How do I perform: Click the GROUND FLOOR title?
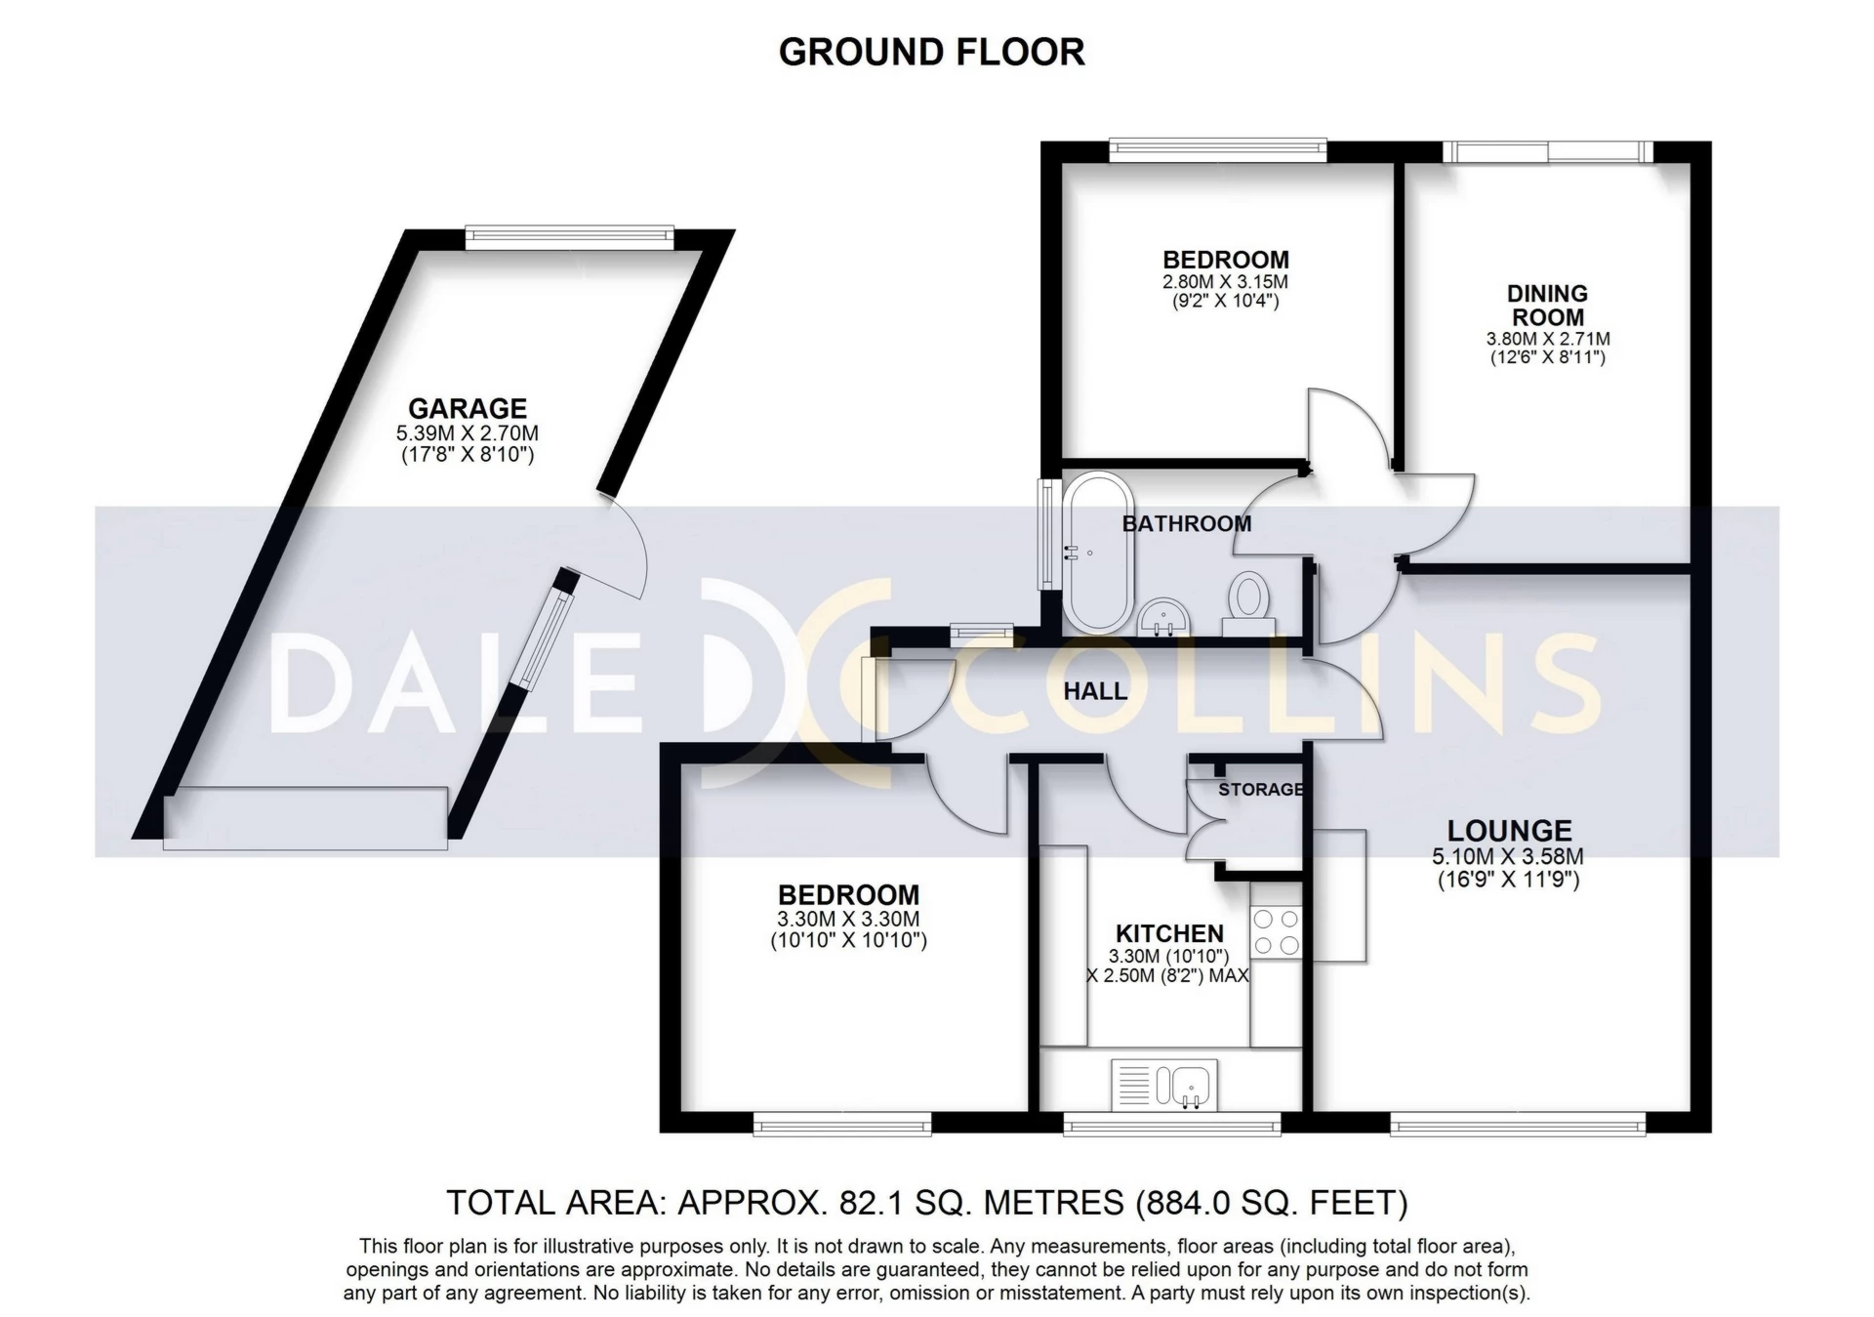931,53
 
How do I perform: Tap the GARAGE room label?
467,408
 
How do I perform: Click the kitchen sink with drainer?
1164,1085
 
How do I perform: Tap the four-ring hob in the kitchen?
1277,931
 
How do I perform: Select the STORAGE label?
1260,789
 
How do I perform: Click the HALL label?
1095,691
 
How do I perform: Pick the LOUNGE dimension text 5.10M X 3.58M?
1507,857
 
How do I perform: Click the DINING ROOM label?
1547,305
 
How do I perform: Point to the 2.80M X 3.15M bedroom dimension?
1225,282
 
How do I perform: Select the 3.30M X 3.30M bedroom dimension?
848,919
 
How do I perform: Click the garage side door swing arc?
630,547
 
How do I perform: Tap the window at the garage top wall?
569,235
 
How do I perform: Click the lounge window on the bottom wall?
1517,1127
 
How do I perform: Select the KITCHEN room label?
1169,933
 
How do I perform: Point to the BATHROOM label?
1186,524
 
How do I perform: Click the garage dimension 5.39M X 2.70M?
467,433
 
